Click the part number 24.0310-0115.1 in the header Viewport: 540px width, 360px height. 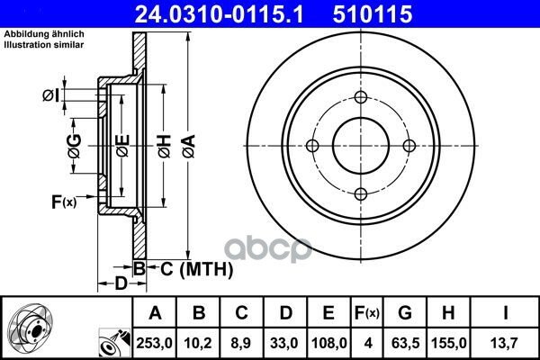pos(219,13)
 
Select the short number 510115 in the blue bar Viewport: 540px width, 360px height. pos(373,13)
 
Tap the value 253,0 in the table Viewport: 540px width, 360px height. pos(154,343)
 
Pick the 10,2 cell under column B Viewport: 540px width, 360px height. pos(198,343)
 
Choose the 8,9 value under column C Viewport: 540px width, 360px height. pos(241,343)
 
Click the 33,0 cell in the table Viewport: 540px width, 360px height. pos(284,343)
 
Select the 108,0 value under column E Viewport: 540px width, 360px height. pos(328,343)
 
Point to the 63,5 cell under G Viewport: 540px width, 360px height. pos(405,343)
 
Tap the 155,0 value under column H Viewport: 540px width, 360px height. pos(449,343)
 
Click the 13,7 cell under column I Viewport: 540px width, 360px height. pos(504,343)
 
